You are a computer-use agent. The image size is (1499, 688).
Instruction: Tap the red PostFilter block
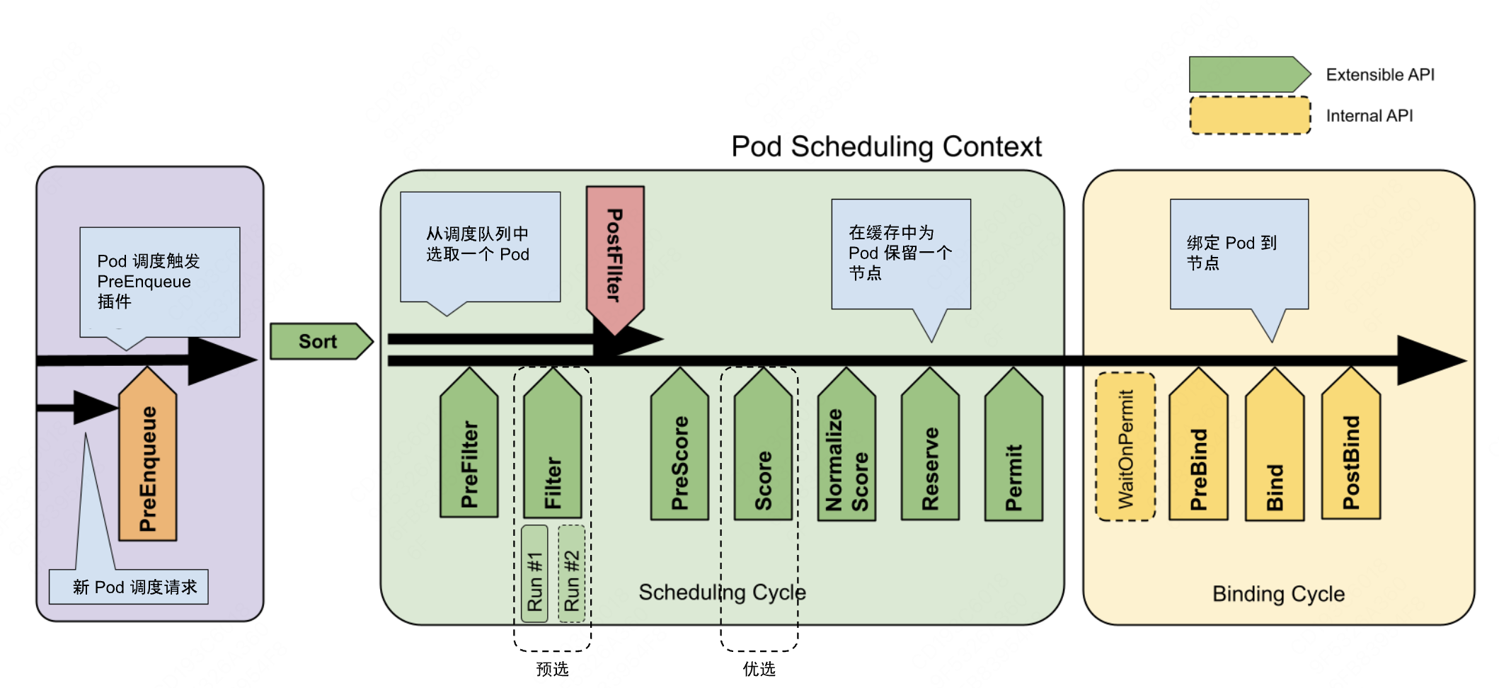click(614, 255)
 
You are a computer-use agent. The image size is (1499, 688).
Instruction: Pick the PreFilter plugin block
click(469, 453)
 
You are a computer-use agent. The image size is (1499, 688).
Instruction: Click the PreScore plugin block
click(679, 453)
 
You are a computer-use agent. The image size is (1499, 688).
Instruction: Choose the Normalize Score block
click(846, 453)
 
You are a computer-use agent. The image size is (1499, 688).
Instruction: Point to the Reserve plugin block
click(930, 453)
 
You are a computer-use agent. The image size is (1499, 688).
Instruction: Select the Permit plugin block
click(1013, 453)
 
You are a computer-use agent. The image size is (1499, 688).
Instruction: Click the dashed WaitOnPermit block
click(1125, 447)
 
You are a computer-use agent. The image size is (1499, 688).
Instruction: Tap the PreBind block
click(1198, 453)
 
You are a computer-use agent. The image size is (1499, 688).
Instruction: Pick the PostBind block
click(1351, 453)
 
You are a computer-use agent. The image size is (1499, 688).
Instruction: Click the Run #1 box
click(534, 574)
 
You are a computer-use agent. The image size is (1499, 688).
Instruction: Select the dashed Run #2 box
click(571, 574)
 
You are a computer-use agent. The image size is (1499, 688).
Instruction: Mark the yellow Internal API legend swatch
click(1250, 115)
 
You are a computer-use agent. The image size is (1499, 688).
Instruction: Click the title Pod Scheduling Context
click(886, 147)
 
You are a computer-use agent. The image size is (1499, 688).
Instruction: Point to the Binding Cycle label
click(1278, 594)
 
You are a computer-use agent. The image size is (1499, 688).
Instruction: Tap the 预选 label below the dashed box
click(552, 669)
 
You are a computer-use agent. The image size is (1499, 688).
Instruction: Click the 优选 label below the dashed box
click(759, 669)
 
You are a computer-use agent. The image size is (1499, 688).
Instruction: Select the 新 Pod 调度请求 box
click(129, 587)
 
